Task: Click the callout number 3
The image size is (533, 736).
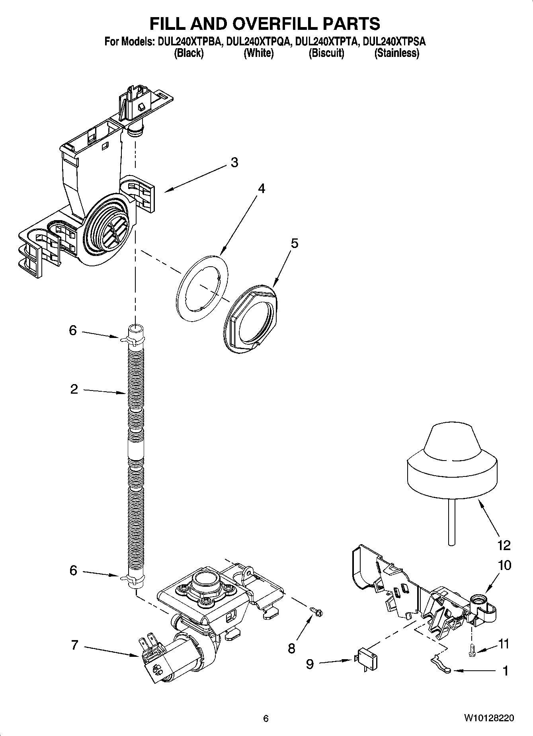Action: [234, 162]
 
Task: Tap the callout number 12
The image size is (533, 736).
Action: [504, 545]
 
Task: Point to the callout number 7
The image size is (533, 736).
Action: [74, 645]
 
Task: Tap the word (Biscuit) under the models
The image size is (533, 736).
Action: [326, 53]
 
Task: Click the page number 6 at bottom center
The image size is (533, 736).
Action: [266, 718]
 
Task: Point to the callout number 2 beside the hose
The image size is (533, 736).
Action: [74, 389]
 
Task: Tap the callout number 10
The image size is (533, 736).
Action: [504, 565]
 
